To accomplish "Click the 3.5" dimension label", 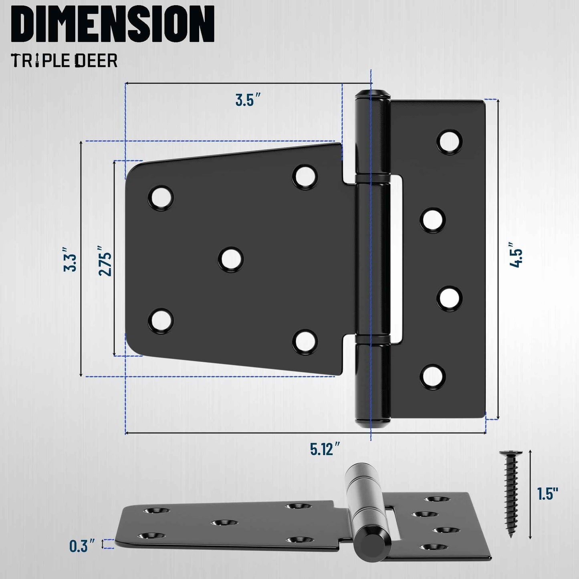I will pyautogui.click(x=248, y=100).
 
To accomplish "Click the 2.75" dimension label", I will pyautogui.click(x=105, y=261).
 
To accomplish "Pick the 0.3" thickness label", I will pyautogui.click(x=82, y=546).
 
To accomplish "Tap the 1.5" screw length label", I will pyautogui.click(x=547, y=494).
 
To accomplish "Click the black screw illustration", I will pyautogui.click(x=511, y=493).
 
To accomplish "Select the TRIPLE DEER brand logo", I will pyautogui.click(x=64, y=61).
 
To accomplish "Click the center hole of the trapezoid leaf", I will pyautogui.click(x=231, y=259).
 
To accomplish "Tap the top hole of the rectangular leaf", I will pyautogui.click(x=449, y=141).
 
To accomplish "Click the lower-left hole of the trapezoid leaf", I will pyautogui.click(x=161, y=320).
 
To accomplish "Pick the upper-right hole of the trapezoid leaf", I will pyautogui.click(x=305, y=176).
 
